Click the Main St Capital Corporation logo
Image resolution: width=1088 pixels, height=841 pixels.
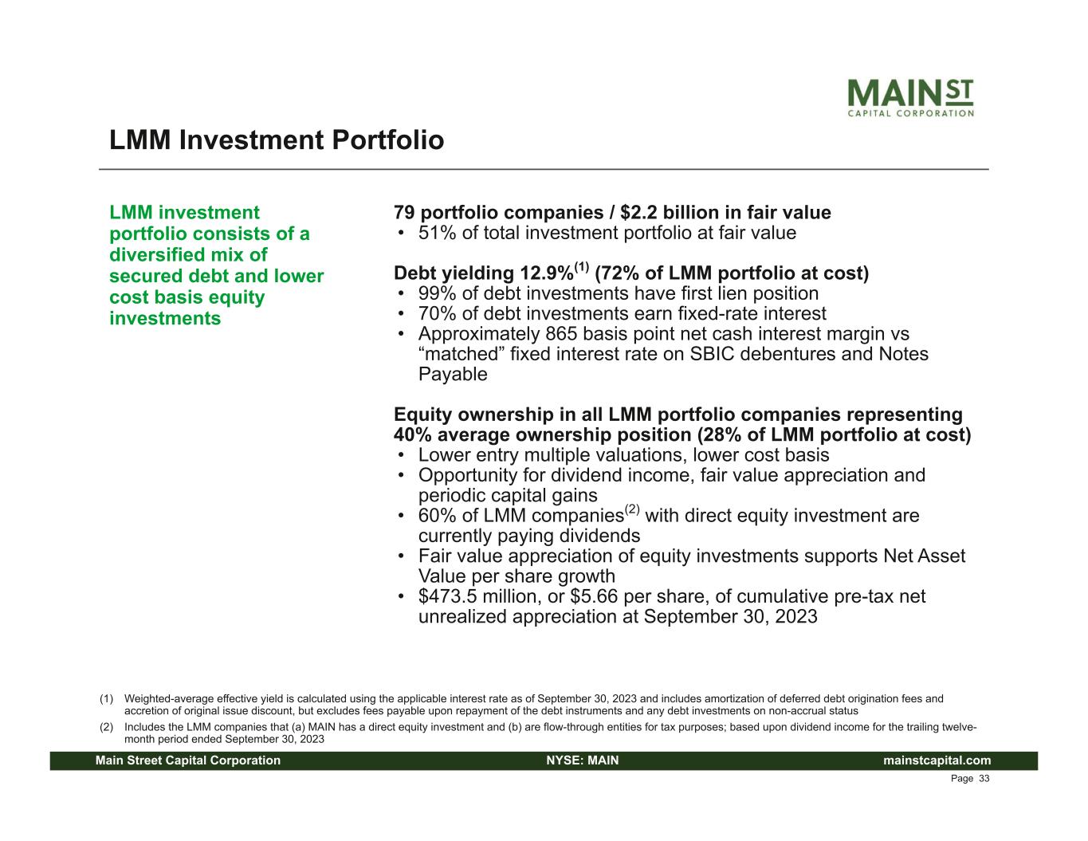click(x=911, y=98)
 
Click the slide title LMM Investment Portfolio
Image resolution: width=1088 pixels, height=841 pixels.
click(x=277, y=140)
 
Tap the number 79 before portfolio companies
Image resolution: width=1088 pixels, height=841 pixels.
click(x=404, y=213)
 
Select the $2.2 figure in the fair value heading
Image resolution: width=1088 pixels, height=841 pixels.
click(x=638, y=213)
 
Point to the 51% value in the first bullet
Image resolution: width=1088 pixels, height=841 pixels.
click(x=437, y=234)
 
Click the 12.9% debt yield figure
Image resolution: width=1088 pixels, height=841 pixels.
click(x=547, y=273)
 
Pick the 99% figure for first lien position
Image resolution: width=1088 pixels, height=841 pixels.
click(x=437, y=293)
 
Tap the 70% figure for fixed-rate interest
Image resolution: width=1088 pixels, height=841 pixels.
click(x=437, y=314)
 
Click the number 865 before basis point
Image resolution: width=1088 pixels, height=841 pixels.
click(x=561, y=334)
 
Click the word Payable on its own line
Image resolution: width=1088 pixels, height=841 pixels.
click(x=453, y=375)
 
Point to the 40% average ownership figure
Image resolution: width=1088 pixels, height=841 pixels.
click(x=413, y=435)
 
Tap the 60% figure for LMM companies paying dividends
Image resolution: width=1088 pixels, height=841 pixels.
click(x=437, y=516)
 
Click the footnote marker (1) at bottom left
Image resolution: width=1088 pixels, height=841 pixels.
click(x=106, y=699)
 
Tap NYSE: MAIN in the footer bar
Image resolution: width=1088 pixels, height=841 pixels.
click(x=583, y=760)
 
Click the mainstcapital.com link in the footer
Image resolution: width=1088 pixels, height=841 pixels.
click(x=937, y=760)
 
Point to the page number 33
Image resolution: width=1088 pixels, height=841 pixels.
click(x=984, y=779)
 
